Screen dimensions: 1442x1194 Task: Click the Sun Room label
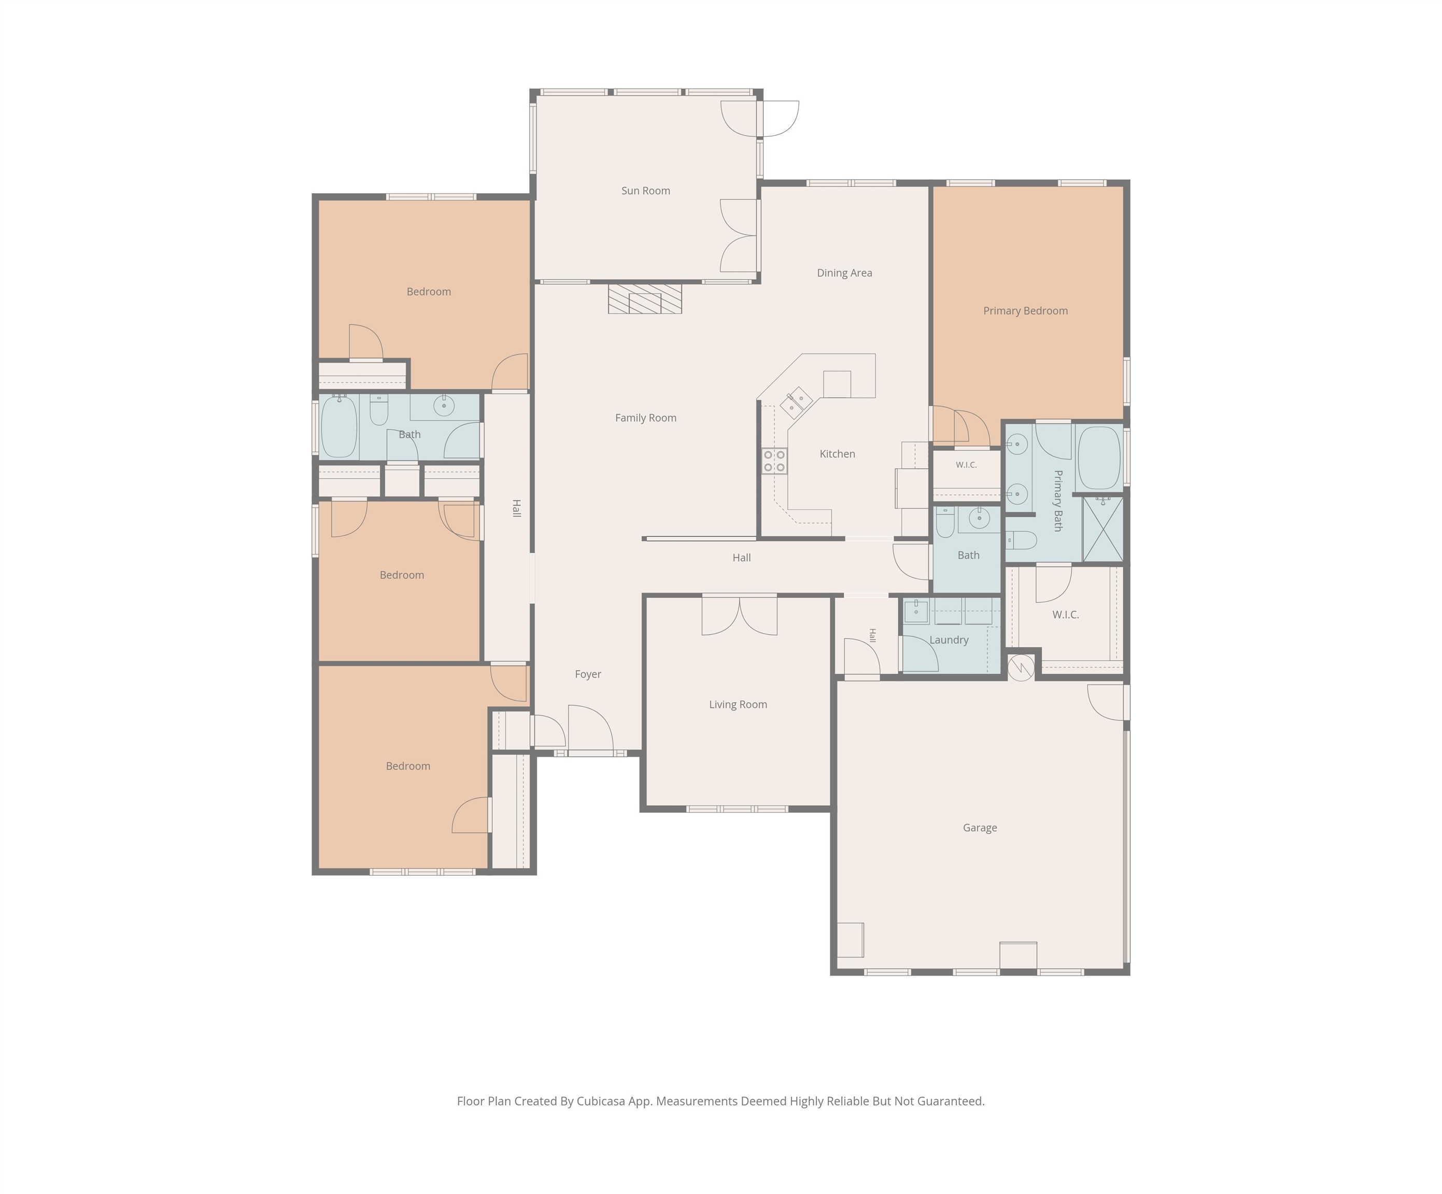(x=645, y=191)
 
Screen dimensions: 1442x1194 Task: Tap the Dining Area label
(x=844, y=273)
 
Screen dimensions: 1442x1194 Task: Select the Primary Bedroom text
(x=1025, y=311)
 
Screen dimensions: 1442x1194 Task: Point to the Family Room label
(x=645, y=418)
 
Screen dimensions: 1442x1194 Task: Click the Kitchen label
(x=837, y=454)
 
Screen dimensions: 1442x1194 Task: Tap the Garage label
(x=980, y=828)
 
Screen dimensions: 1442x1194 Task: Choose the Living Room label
(x=738, y=704)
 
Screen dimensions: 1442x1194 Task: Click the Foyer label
(x=588, y=675)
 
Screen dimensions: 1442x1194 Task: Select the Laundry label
(x=949, y=640)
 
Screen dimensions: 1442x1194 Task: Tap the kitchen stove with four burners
(x=774, y=461)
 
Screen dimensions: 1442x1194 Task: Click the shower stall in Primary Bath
(x=1103, y=529)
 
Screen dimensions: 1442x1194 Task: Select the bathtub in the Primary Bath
(x=1099, y=458)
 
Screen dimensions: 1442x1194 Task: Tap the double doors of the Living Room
(x=740, y=616)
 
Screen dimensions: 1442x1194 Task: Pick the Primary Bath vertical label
(x=1058, y=501)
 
